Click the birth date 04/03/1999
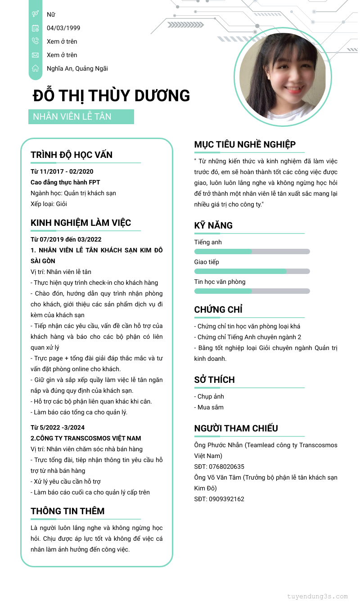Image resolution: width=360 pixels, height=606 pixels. click(63, 28)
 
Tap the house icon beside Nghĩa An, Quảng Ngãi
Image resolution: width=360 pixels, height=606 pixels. click(35, 68)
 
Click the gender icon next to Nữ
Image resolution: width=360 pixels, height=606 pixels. click(35, 14)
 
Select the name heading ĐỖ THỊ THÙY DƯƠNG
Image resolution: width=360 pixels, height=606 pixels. click(112, 96)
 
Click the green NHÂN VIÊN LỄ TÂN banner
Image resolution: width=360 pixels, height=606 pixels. click(81, 117)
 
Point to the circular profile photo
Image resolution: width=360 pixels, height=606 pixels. click(283, 76)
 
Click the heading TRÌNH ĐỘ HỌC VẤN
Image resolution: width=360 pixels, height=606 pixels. click(72, 155)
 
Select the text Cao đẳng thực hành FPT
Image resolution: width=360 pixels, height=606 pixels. click(65, 182)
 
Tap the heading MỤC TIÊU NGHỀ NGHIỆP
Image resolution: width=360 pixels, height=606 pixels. click(245, 144)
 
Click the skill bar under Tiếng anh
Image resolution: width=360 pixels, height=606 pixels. click(252, 251)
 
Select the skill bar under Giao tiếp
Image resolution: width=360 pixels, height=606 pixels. click(252, 271)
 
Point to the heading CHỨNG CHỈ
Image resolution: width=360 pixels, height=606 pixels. click(218, 310)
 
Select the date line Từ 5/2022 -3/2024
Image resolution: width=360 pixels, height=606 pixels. click(58, 427)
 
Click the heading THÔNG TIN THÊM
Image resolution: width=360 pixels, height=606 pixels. click(67, 511)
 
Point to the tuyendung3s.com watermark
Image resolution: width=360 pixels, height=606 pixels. click(317, 597)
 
